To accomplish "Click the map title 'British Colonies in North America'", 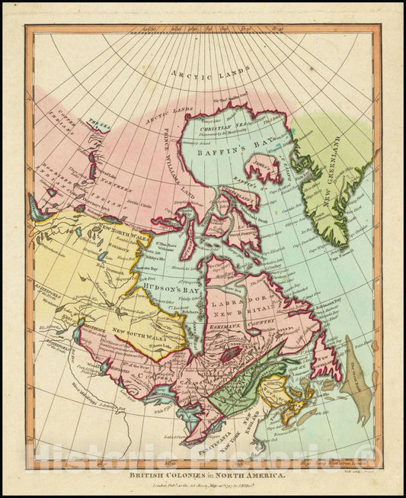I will [203, 474].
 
